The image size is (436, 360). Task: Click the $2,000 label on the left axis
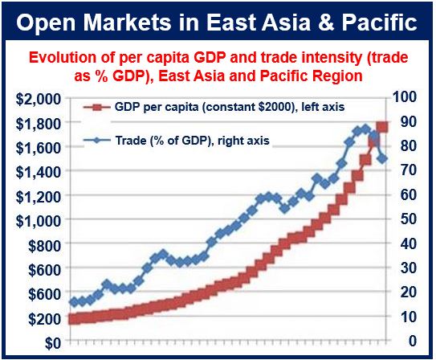point(38,99)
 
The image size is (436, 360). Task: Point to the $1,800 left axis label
point(38,124)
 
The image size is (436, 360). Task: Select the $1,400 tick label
point(38,172)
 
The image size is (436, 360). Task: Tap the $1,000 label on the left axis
point(38,221)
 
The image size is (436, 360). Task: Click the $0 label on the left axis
point(52,343)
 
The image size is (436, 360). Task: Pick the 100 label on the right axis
point(405,96)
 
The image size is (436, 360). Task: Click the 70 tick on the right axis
point(409,170)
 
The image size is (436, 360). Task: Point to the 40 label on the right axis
point(409,243)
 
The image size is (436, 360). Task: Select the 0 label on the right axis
point(413,341)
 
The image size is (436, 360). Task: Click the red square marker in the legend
point(97,108)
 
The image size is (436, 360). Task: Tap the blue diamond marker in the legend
point(97,140)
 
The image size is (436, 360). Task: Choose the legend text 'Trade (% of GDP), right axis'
point(192,141)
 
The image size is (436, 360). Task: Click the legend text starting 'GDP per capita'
point(230,107)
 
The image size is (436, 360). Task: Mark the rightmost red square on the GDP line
point(382,127)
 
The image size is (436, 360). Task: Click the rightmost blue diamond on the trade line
point(383,159)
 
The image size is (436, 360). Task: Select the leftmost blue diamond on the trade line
point(74,302)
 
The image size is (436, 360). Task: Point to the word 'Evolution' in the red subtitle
point(71,58)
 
